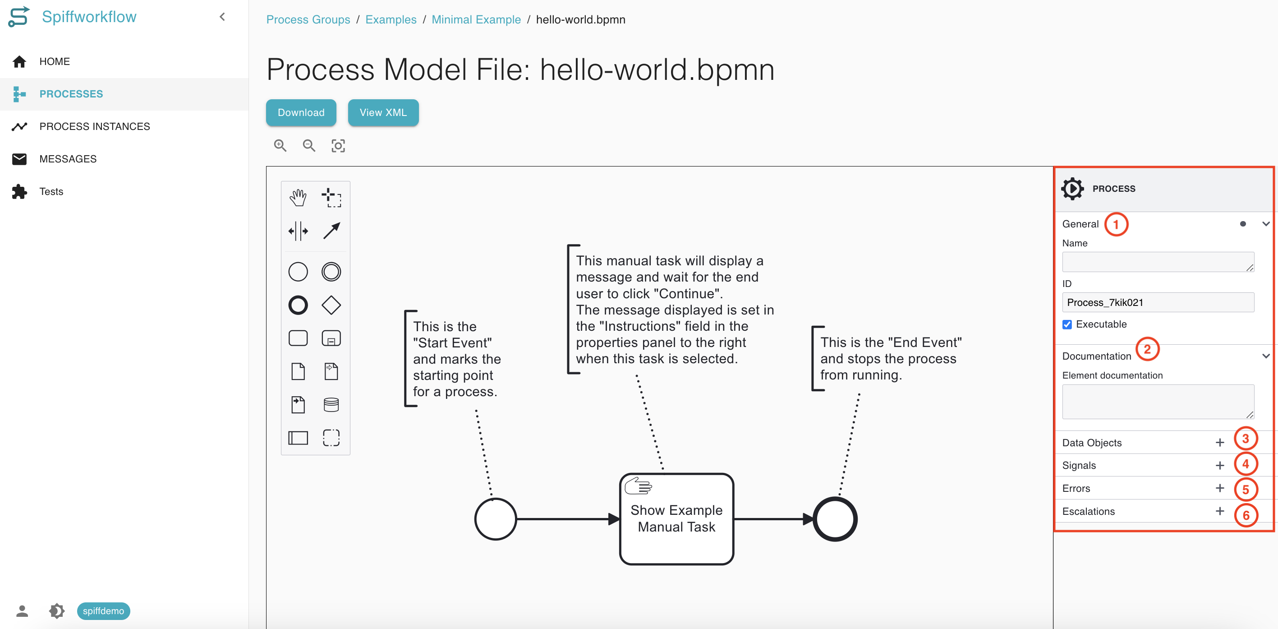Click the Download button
(301, 113)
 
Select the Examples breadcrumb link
(391, 19)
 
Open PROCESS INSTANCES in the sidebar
(94, 127)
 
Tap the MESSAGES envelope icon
(19, 159)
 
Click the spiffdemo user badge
(103, 610)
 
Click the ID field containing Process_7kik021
(1158, 302)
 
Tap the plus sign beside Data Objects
(1219, 442)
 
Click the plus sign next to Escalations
(1219, 511)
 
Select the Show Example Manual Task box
(676, 519)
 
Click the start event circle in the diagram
(495, 519)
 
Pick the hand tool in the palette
(298, 198)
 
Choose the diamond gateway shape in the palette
(331, 305)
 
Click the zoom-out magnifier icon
(308, 145)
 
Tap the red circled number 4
(1245, 464)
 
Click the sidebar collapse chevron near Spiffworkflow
(222, 17)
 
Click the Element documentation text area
(1158, 401)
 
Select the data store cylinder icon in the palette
(331, 405)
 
